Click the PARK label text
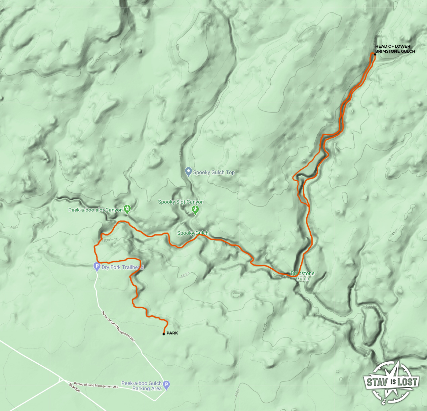pyautogui.click(x=172, y=333)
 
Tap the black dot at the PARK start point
pyautogui.click(x=164, y=334)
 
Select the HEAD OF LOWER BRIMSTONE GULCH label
pyautogui.click(x=395, y=49)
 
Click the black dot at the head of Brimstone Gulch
pyautogui.click(x=375, y=54)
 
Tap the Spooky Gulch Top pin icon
pyautogui.click(x=188, y=172)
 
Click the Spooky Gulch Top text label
pyautogui.click(x=214, y=172)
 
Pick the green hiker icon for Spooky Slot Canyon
pyautogui.click(x=195, y=210)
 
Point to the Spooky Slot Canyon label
pyautogui.click(x=181, y=202)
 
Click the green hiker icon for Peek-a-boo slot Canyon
pyautogui.click(x=127, y=209)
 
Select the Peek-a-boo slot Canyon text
pyautogui.click(x=95, y=210)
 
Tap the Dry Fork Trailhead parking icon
pyautogui.click(x=97, y=267)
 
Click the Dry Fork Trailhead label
pyautogui.click(x=122, y=267)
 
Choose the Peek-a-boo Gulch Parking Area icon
pyautogui.click(x=166, y=384)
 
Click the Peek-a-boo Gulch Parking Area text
pyautogui.click(x=142, y=386)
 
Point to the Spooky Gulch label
pyautogui.click(x=193, y=233)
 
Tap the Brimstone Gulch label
pyautogui.click(x=303, y=276)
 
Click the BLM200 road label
pyautogui.click(x=74, y=387)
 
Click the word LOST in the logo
pyautogui.click(x=407, y=382)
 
